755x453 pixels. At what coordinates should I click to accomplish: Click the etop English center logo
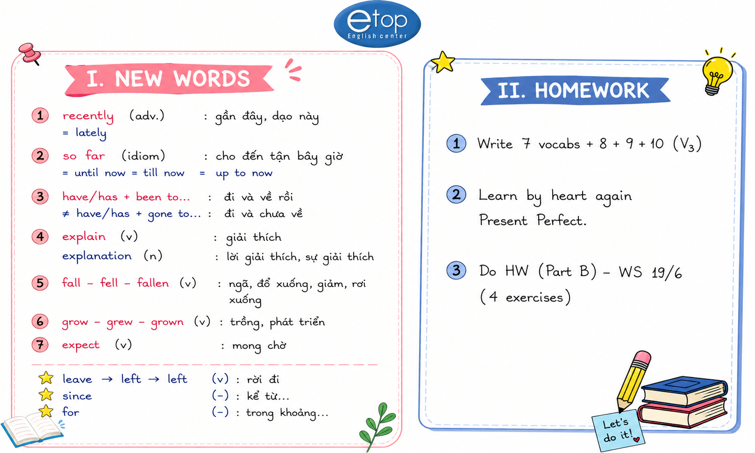pyautogui.click(x=377, y=24)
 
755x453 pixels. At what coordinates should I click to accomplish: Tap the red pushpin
pyautogui.click(x=30, y=53)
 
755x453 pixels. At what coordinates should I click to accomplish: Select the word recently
pyautogui.click(x=88, y=116)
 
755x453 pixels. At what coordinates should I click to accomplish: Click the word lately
pyautogui.click(x=91, y=133)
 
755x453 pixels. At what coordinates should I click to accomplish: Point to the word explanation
pyautogui.click(x=97, y=256)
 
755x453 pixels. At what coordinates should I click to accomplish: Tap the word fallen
pyautogui.click(x=153, y=283)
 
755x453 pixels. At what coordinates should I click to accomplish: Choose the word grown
pyautogui.click(x=167, y=322)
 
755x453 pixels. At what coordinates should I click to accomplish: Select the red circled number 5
pyautogui.click(x=40, y=283)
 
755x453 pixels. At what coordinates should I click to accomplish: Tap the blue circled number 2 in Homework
pyautogui.click(x=456, y=195)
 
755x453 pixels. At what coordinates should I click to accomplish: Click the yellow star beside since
pyautogui.click(x=46, y=395)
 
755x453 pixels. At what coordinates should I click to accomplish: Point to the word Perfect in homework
pyautogui.click(x=562, y=220)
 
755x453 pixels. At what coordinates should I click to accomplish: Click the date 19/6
pyautogui.click(x=667, y=272)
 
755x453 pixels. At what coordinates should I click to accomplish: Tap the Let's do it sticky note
pyautogui.click(x=618, y=431)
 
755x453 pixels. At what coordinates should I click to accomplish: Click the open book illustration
pyautogui.click(x=32, y=428)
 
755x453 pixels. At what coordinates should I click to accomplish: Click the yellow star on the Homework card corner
pyautogui.click(x=443, y=62)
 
